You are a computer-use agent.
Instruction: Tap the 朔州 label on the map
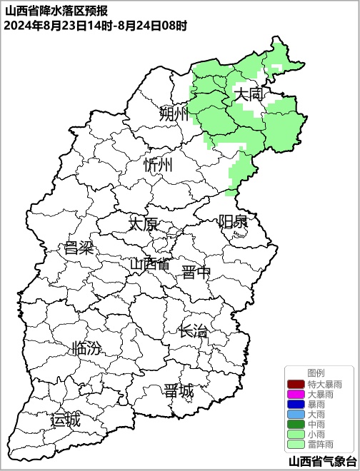coord(174,113)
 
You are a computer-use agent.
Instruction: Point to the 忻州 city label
coord(159,166)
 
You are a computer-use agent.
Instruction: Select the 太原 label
coord(143,223)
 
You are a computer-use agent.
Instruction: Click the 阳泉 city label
coord(233,221)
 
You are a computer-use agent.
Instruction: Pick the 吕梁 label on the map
coord(79,248)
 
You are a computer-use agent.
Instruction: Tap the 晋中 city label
coord(196,271)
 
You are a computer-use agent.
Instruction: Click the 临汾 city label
coord(87,349)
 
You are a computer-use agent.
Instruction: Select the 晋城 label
coord(178,391)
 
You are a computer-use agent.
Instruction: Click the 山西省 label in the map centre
coord(150,264)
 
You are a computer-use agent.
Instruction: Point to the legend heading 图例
coord(316,373)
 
